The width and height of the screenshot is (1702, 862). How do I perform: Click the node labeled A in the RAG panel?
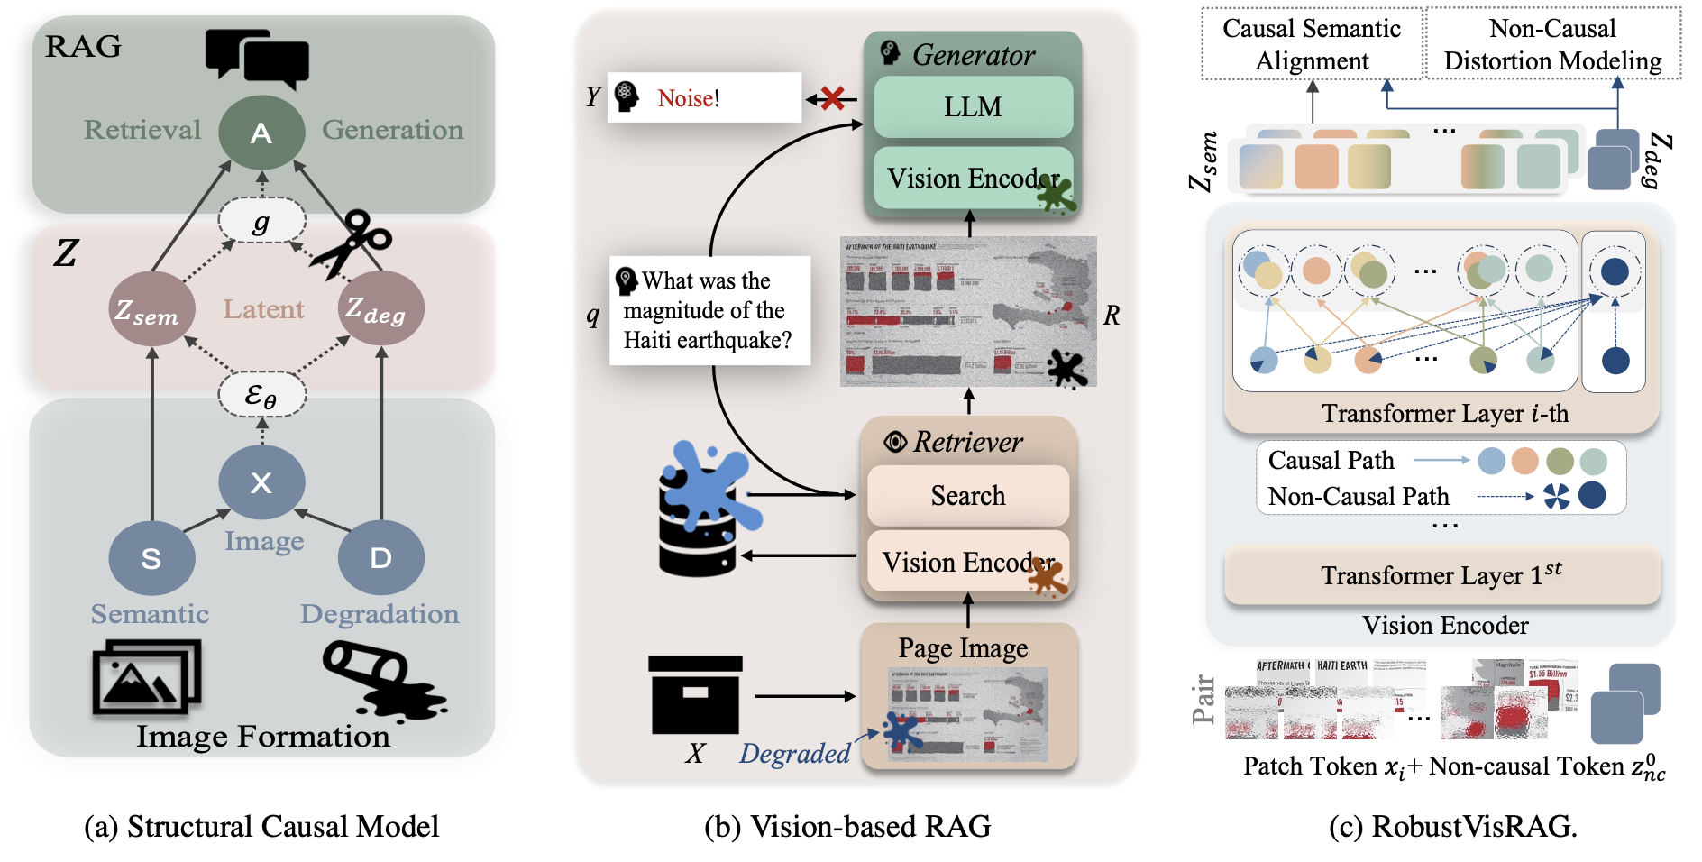tap(261, 133)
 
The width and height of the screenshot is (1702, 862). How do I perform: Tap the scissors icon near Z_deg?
tap(352, 242)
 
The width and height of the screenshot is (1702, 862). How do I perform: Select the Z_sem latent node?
tap(151, 309)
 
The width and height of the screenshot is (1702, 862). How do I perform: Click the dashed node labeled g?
tap(261, 221)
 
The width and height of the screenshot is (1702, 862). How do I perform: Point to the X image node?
tap(261, 482)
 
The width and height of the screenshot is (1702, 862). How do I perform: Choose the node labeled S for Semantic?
tap(151, 558)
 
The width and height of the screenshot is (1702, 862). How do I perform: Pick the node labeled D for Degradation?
tap(380, 558)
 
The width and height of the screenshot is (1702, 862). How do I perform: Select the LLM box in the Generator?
tap(973, 106)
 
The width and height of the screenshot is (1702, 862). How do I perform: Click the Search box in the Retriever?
tap(967, 495)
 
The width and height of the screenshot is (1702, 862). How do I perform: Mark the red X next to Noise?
tap(833, 98)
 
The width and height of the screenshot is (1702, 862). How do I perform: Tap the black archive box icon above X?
tap(695, 694)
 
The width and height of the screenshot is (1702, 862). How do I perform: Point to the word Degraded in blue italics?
tap(794, 753)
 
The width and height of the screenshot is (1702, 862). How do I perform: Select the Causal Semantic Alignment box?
tap(1312, 44)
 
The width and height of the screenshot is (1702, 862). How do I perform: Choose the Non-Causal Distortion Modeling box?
tap(1552, 44)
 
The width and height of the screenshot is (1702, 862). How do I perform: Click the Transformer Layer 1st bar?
tap(1441, 575)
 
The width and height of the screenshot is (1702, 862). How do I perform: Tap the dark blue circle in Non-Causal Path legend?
tap(1592, 495)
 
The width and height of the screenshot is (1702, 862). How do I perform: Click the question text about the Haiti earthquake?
tap(709, 310)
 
